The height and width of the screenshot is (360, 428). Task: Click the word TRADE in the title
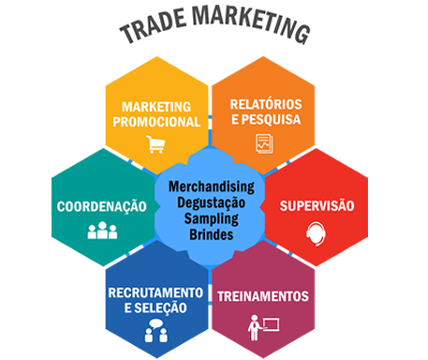pyautogui.click(x=154, y=25)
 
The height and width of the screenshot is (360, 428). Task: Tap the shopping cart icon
pyautogui.click(x=155, y=144)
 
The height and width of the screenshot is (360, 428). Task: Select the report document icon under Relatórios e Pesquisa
pyautogui.click(x=264, y=143)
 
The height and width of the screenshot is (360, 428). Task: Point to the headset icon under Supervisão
pyautogui.click(x=316, y=233)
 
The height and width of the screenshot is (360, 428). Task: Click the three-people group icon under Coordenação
pyautogui.click(x=102, y=231)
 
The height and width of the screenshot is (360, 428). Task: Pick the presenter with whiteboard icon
pyautogui.click(x=263, y=328)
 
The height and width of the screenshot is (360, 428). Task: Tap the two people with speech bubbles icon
pyautogui.click(x=156, y=331)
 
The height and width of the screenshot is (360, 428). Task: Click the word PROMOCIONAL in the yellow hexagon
pyautogui.click(x=156, y=122)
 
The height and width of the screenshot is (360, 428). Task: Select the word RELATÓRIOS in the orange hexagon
pyautogui.click(x=266, y=104)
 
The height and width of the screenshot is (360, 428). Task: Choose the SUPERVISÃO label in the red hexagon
pyautogui.click(x=317, y=206)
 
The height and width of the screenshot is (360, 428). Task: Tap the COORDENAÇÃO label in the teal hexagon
pyautogui.click(x=102, y=207)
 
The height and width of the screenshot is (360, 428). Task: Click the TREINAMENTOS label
pyautogui.click(x=263, y=296)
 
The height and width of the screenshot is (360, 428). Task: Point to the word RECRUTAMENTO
pyautogui.click(x=155, y=292)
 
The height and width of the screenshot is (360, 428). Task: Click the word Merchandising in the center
pyautogui.click(x=212, y=187)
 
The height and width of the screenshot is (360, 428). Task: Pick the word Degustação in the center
pyautogui.click(x=212, y=202)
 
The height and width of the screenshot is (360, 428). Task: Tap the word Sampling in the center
pyautogui.click(x=212, y=218)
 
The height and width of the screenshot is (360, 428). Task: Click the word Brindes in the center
pyautogui.click(x=212, y=234)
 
